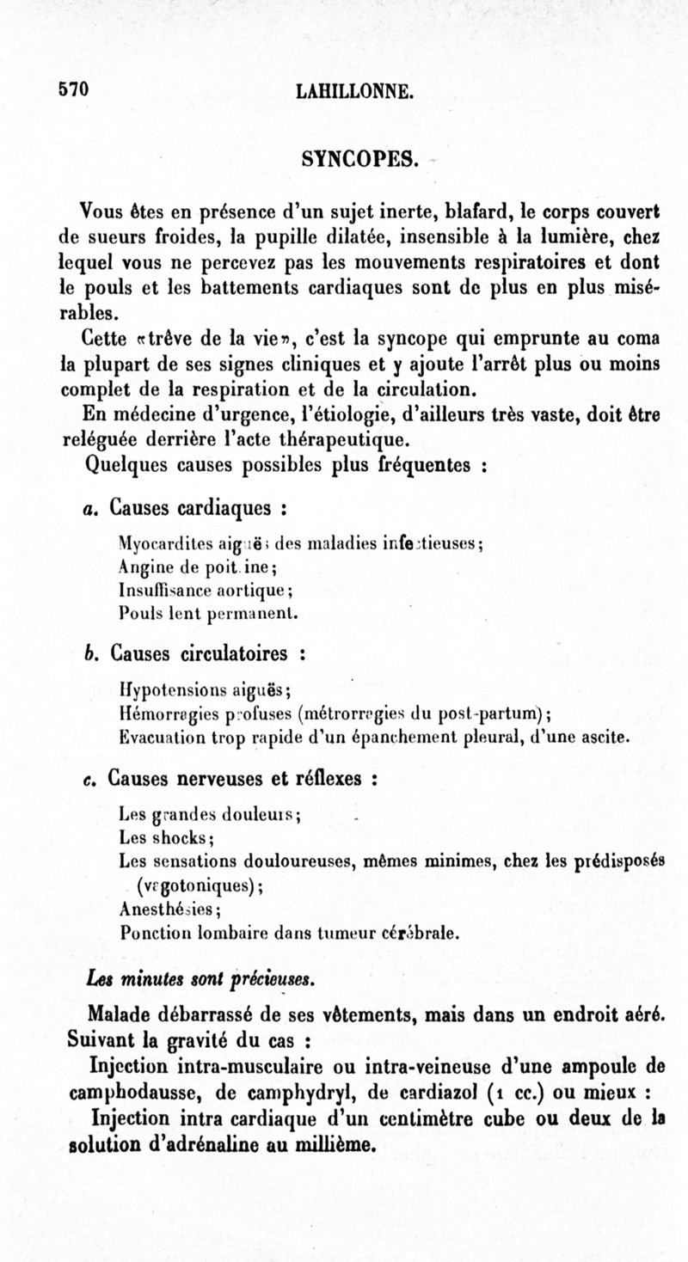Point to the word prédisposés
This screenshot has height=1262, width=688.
(x=619, y=861)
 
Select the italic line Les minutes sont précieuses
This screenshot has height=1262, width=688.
(x=201, y=979)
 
